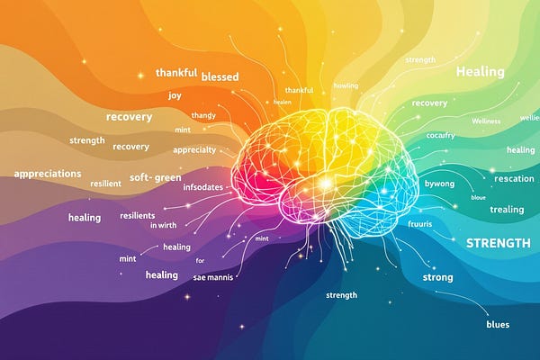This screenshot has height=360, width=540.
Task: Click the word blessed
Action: point(220,76)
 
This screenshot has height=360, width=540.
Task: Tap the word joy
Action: point(175,94)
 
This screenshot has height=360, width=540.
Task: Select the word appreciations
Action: point(48,173)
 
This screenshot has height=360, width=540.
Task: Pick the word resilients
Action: point(138,216)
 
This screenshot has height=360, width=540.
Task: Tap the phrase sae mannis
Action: point(213,277)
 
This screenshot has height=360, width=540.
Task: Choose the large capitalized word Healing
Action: point(480,71)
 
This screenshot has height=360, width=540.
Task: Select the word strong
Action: point(437,277)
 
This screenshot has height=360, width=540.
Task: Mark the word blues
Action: point(497,324)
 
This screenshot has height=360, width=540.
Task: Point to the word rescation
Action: point(514,178)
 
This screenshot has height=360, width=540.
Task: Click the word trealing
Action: point(507,210)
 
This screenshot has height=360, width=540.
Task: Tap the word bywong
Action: point(440,183)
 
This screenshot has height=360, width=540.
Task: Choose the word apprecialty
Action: point(194,149)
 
